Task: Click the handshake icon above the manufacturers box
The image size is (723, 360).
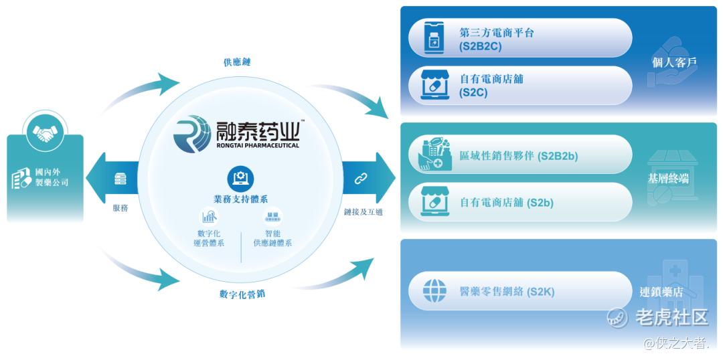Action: click(x=45, y=133)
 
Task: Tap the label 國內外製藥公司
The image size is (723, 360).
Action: click(x=52, y=177)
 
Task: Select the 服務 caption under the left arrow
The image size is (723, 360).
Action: click(x=120, y=208)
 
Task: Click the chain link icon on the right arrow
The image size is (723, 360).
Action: click(x=361, y=179)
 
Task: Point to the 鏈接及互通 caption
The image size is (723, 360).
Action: click(x=364, y=213)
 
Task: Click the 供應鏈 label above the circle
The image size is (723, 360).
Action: click(x=237, y=62)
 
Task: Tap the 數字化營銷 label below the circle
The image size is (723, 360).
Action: click(x=242, y=294)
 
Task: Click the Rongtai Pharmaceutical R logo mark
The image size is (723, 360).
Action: click(x=192, y=134)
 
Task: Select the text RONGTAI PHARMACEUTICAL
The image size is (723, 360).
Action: click(x=257, y=145)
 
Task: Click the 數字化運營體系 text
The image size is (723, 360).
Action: click(x=210, y=238)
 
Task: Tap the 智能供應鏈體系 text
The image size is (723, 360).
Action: click(x=272, y=238)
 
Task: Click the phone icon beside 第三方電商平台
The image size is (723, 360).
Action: click(x=434, y=37)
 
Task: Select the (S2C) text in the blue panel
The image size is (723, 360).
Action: click(x=473, y=92)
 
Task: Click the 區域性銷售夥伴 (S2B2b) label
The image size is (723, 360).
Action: click(x=519, y=157)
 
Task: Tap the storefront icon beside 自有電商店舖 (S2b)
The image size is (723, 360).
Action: click(x=435, y=202)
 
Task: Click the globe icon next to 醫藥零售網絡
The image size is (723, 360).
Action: click(x=435, y=291)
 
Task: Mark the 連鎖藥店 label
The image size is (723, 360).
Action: click(x=661, y=292)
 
